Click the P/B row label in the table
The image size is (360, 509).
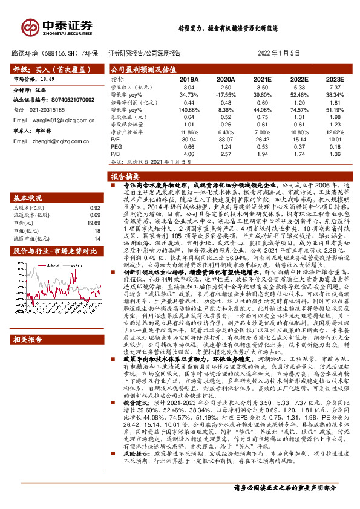click(x=117, y=154)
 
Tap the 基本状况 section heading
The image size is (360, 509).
click(x=28, y=198)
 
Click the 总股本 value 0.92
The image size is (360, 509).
click(x=95, y=207)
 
